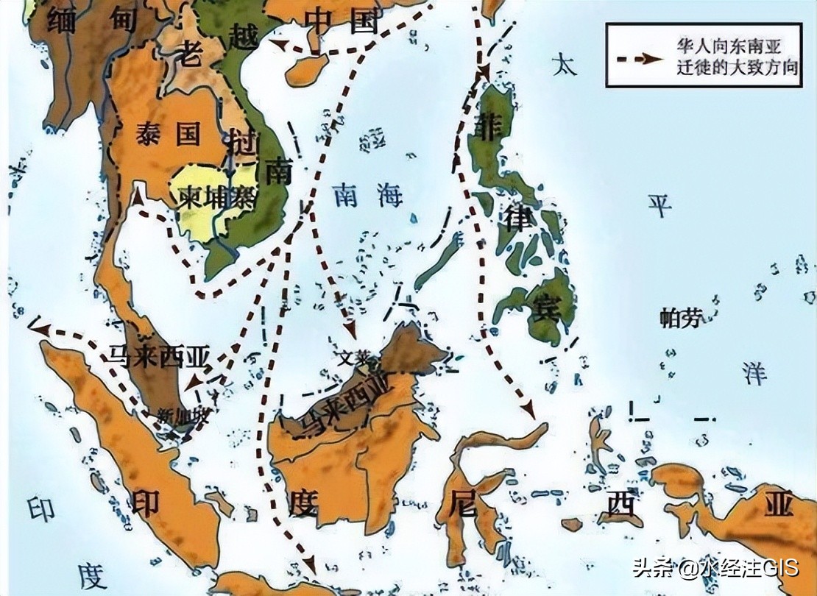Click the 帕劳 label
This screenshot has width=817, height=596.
point(681,318)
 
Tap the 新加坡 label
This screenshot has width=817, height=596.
point(183,414)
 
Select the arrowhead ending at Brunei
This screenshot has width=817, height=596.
point(350,331)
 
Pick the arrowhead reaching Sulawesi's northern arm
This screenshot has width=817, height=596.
point(528,411)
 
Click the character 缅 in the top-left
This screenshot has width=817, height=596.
point(65,19)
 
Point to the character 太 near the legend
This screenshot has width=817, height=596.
point(566,65)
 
